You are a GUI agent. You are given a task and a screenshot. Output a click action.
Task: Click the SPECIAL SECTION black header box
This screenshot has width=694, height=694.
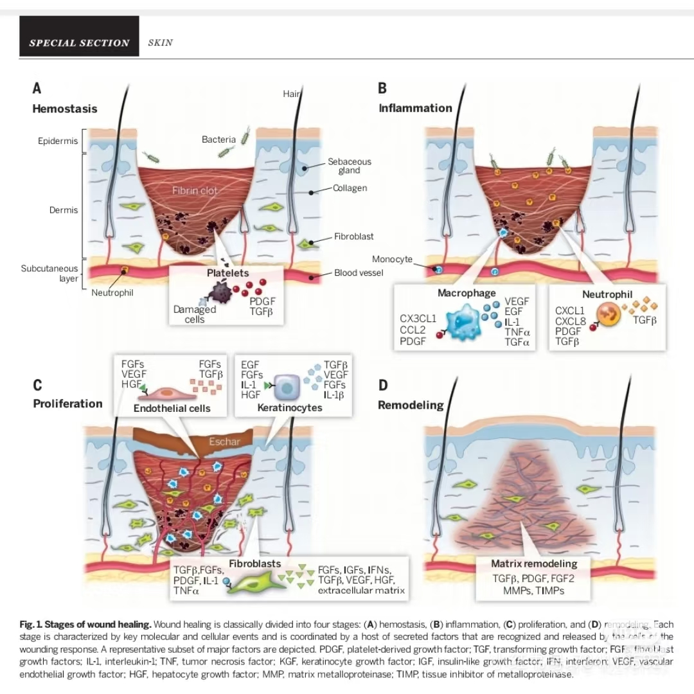point(79,43)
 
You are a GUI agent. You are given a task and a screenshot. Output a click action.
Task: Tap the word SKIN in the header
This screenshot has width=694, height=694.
point(160,43)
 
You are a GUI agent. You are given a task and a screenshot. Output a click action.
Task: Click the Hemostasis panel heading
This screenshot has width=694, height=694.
point(65,109)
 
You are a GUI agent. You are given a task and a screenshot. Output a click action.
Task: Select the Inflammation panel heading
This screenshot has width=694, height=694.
point(415,108)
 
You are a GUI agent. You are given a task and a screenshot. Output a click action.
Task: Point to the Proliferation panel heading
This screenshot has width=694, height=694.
point(67,404)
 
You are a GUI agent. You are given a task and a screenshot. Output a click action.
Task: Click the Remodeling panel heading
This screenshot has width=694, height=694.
point(411,405)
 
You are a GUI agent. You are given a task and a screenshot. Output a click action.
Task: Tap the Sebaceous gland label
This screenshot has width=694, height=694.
point(350,166)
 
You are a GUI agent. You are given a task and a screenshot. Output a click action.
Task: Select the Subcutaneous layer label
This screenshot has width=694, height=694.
point(49,273)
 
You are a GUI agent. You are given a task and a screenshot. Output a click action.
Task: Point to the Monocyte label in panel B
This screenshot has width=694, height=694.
point(392,259)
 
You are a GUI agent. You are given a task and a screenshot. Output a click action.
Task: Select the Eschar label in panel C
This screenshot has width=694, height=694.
point(224,441)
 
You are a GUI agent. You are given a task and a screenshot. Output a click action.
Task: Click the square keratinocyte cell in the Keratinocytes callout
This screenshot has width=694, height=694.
point(283,386)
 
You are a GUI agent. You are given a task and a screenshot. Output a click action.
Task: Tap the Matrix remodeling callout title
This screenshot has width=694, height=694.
point(534,564)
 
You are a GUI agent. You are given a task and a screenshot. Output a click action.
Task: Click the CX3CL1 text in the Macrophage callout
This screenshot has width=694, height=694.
point(418,317)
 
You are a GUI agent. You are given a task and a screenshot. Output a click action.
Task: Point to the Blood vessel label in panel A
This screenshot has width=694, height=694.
point(359,272)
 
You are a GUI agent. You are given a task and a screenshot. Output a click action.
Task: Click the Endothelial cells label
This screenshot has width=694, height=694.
point(172,408)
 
